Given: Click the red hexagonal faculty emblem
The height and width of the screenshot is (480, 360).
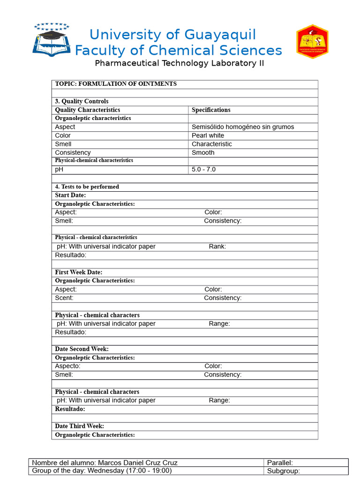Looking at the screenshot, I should point(312,42).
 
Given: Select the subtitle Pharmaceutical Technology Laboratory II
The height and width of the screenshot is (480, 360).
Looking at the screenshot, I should point(180,63).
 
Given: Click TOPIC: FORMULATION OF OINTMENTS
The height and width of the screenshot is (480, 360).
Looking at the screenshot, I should point(116,84).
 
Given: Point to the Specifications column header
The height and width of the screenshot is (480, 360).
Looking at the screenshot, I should point(211,110).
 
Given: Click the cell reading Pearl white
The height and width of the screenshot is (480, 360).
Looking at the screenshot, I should point(208,135).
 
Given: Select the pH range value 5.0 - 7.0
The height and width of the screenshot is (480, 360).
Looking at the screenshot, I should point(203,169).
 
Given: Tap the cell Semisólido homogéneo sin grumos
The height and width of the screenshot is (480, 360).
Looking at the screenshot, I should point(243,127).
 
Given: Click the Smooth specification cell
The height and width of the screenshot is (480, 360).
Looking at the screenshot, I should point(203,152).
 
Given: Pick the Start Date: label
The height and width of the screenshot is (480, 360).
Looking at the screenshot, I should point(70,195).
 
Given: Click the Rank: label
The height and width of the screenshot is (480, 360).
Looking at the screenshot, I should point(217,247).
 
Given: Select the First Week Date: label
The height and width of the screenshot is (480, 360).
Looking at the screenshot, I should point(78,272).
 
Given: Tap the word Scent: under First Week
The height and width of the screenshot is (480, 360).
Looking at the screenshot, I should point(64,298).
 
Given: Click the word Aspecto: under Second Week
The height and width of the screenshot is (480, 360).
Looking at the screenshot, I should point(67,366).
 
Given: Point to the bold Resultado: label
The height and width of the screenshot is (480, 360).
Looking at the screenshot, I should point(70,409).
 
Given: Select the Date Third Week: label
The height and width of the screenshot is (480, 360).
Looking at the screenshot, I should point(79,426).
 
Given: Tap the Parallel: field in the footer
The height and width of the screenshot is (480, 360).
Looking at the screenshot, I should point(280,463).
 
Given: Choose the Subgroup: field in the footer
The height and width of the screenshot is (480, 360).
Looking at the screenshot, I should point(283,471).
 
